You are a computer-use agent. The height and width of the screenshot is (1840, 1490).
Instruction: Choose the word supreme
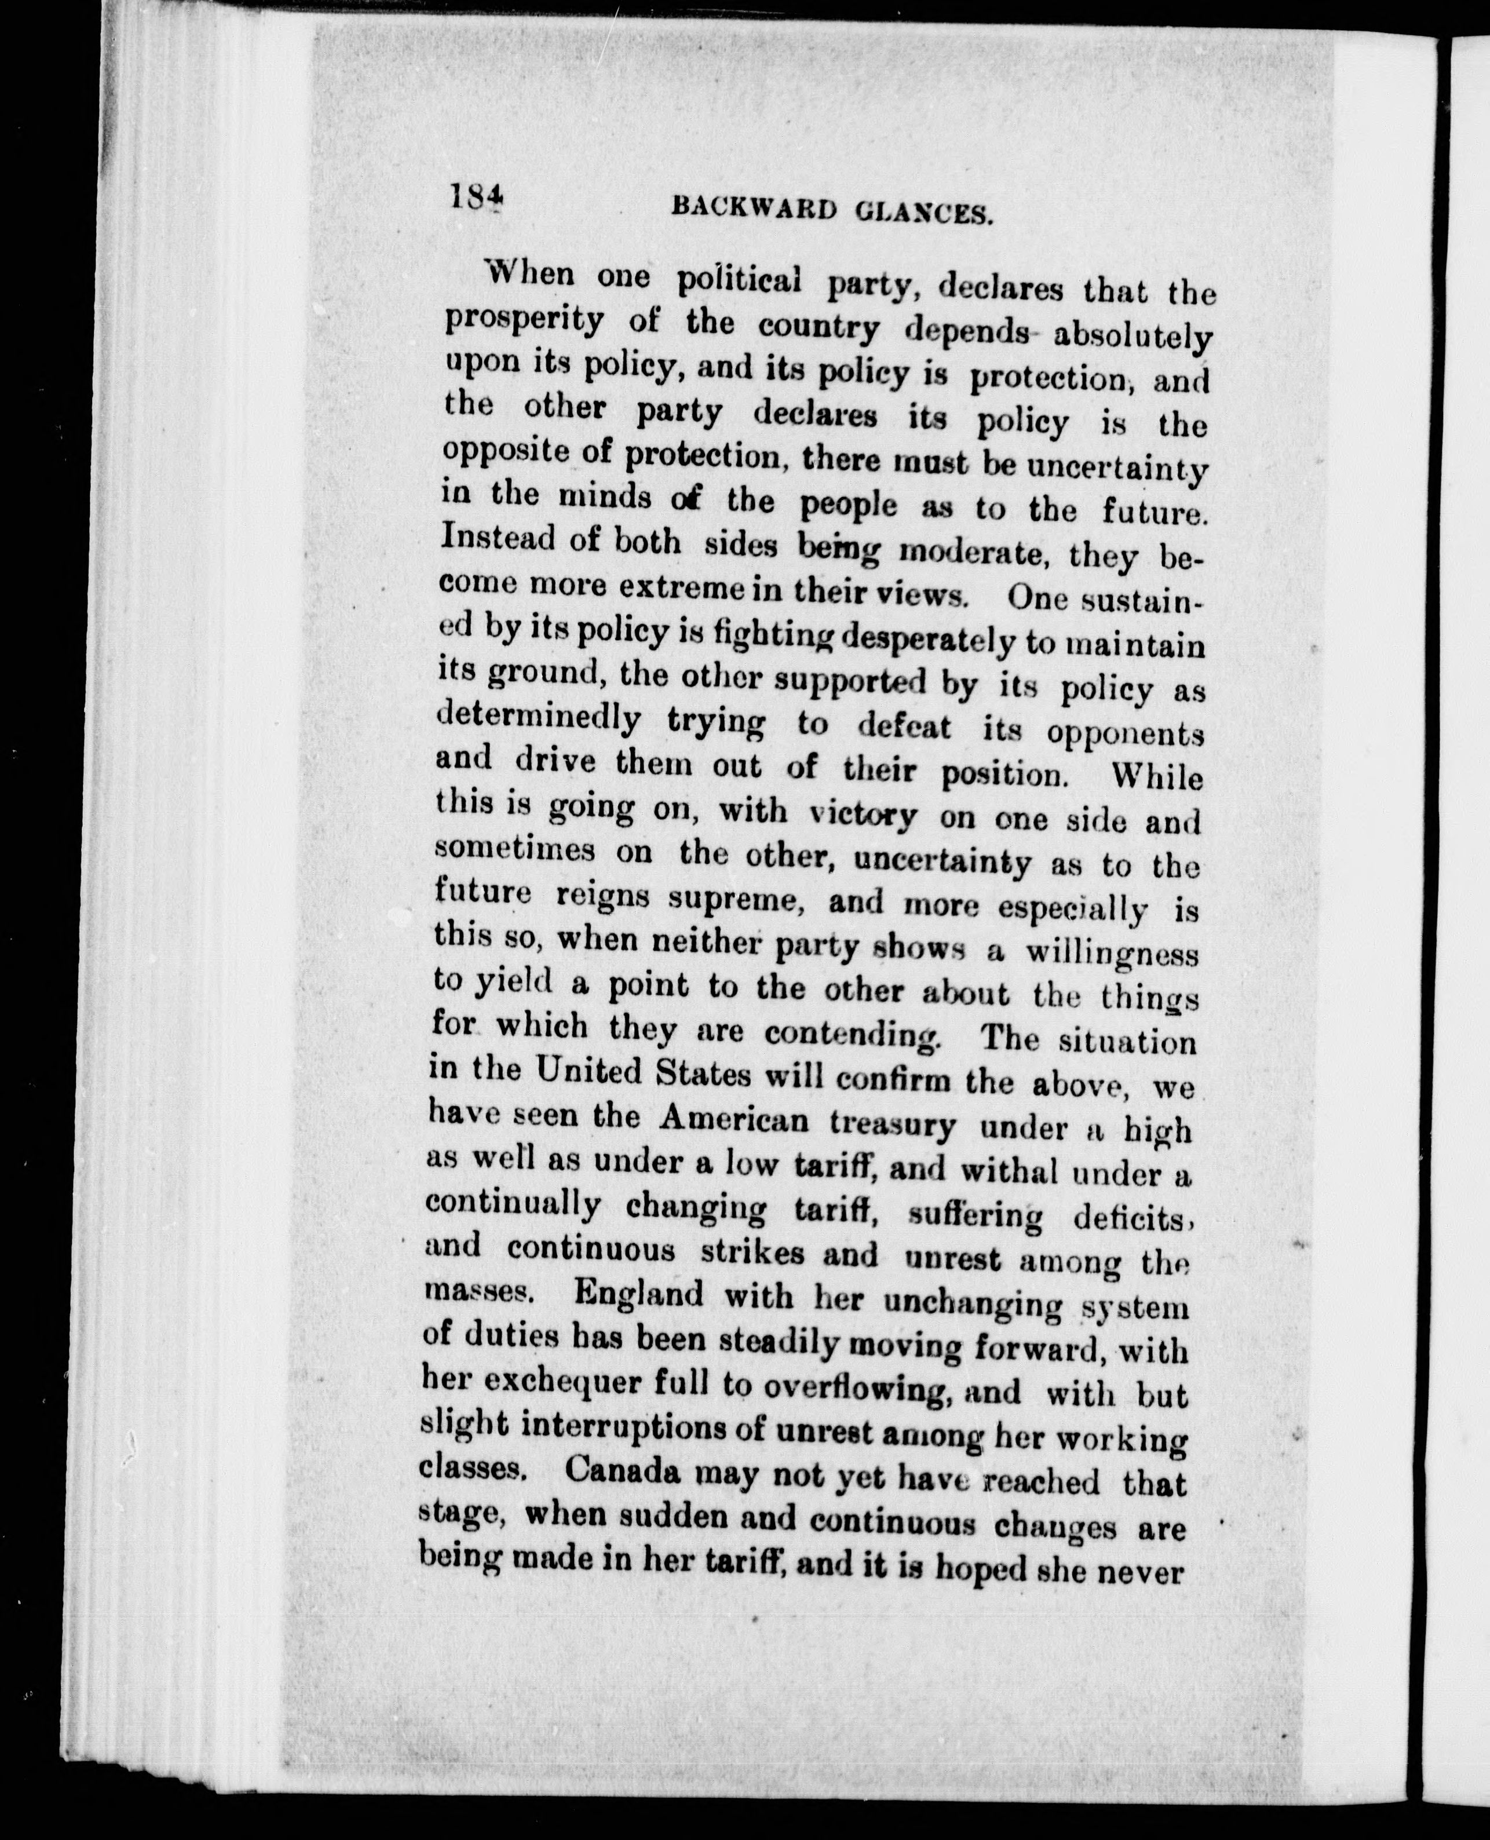[x=739, y=899]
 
